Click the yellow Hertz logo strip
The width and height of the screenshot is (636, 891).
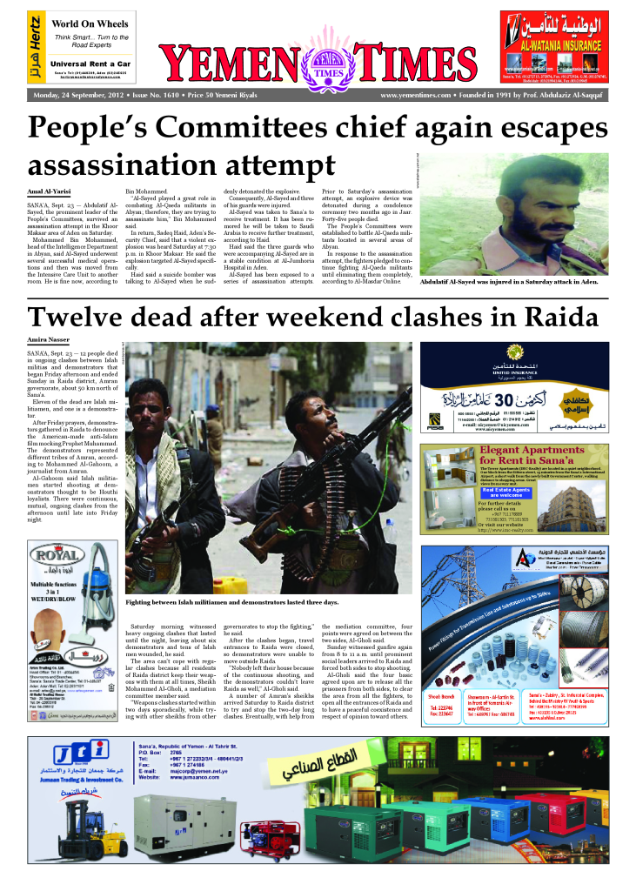(34, 48)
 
